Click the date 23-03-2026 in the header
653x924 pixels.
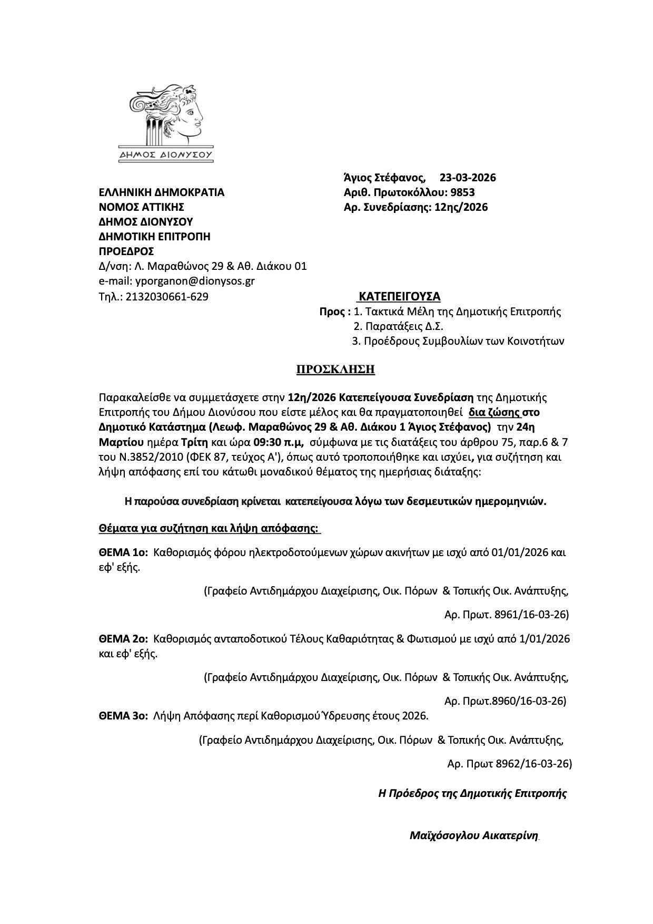468,178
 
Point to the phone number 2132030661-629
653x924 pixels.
167,297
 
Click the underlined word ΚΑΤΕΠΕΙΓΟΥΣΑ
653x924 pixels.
399,296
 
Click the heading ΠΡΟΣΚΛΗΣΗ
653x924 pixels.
335,369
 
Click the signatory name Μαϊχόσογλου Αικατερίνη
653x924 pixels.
473,835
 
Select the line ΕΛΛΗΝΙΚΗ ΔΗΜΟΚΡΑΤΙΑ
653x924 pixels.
162,192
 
